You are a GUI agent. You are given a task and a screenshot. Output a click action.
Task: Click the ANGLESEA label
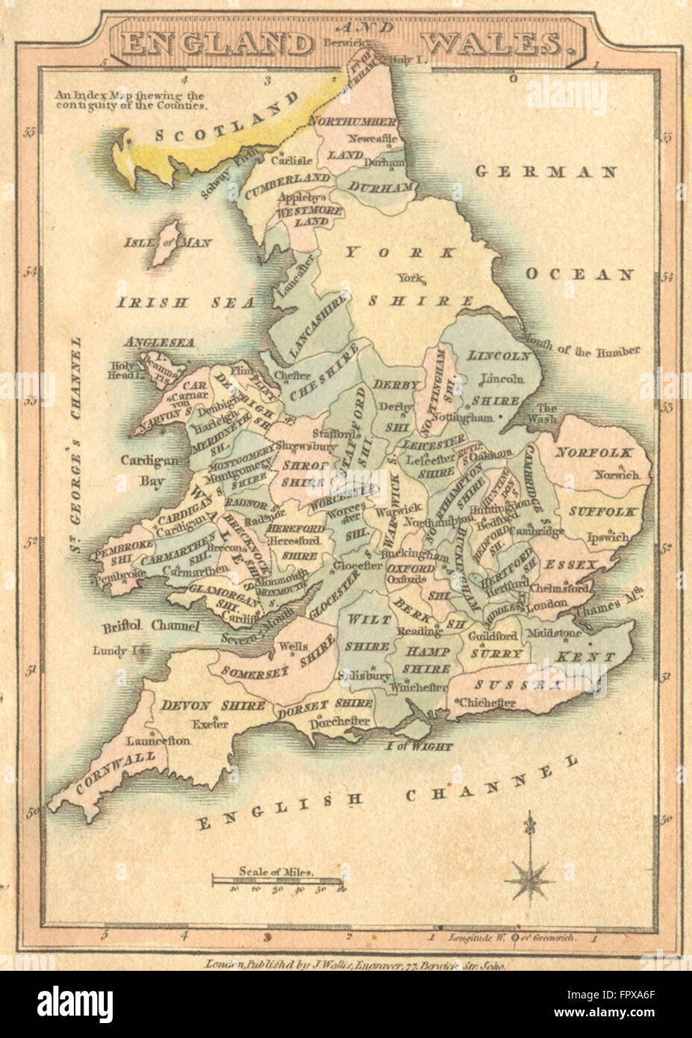click(x=160, y=342)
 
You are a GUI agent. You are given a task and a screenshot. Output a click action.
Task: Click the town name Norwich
click(x=617, y=474)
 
